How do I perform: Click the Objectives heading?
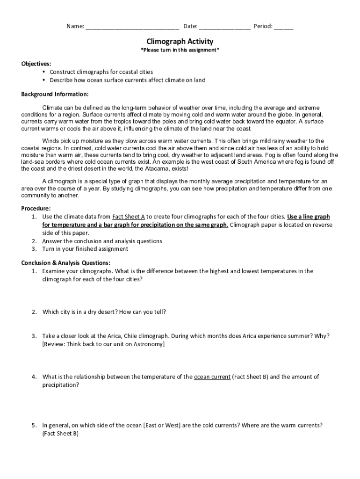click(36, 64)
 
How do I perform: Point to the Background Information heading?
click(55, 94)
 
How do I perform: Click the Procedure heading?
click(36, 208)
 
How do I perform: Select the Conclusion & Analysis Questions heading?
click(66, 263)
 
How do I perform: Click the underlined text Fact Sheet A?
click(129, 217)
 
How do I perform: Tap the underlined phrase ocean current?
click(212, 377)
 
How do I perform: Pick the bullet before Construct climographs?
click(43, 72)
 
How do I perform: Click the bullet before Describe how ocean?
click(43, 80)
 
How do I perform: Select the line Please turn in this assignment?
click(180, 50)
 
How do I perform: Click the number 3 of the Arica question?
click(34, 336)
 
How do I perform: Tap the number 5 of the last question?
click(34, 425)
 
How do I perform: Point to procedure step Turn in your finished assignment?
click(85, 249)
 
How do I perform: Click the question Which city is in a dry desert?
click(104, 312)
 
